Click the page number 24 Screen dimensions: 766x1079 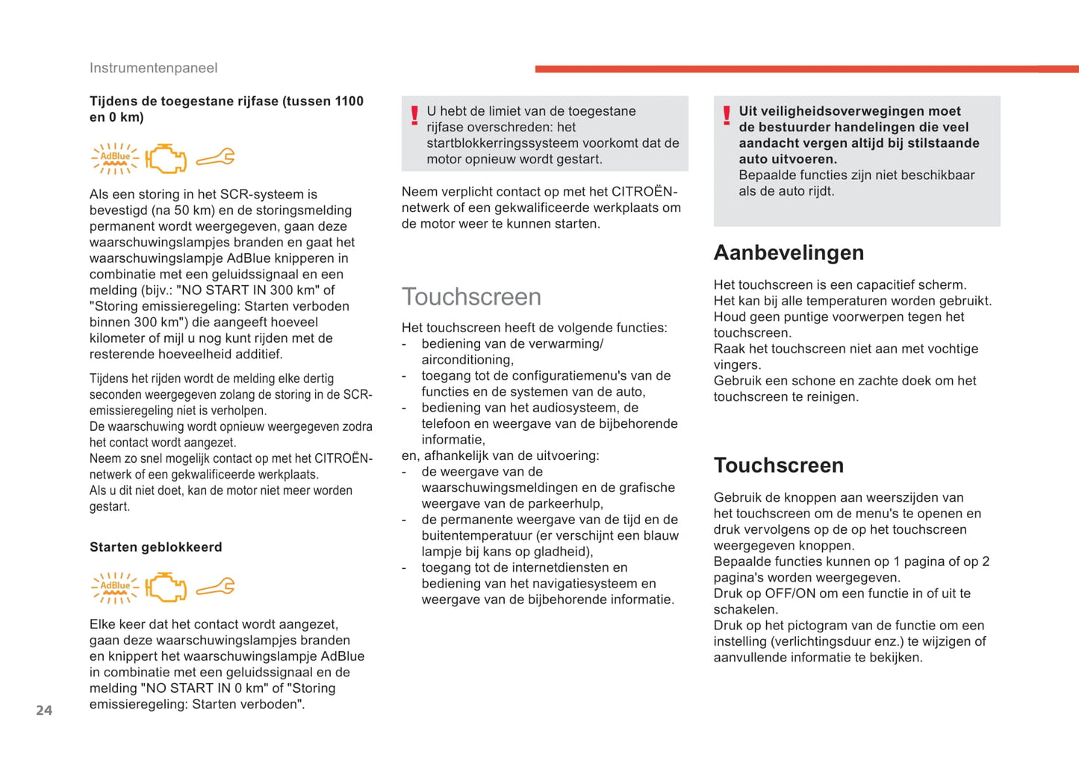pos(44,711)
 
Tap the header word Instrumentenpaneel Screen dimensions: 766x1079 pos(153,68)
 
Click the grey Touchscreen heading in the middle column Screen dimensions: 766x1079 pos(471,296)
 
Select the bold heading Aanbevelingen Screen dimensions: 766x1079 pos(789,252)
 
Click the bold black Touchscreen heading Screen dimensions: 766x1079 pos(778,465)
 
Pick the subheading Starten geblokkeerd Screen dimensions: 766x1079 pos(155,547)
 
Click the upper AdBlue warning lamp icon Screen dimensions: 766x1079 pos(114,158)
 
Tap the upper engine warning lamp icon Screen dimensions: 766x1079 pos(166,158)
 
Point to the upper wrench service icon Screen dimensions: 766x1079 pos(216,158)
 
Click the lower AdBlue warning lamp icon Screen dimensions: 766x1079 pos(114,588)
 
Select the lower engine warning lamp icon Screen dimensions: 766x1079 pos(166,588)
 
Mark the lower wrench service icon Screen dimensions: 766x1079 pos(216,588)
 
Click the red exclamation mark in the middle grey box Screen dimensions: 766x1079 pos(414,116)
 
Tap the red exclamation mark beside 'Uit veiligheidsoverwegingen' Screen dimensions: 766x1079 pos(727,116)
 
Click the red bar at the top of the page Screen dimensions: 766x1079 pos(806,69)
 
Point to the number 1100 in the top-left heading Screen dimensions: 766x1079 pos(349,102)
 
